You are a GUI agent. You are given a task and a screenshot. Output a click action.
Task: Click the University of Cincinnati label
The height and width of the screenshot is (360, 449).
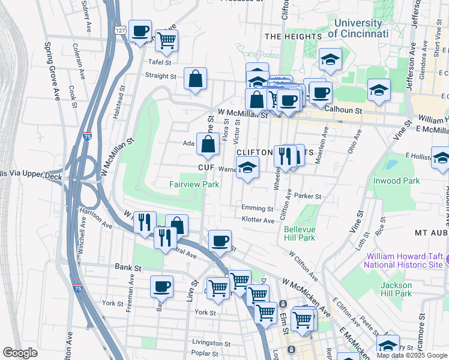[358, 28]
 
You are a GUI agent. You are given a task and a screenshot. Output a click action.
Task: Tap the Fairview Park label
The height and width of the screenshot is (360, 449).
[194, 185]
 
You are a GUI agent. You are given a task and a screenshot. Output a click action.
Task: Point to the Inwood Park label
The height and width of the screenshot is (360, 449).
[408, 179]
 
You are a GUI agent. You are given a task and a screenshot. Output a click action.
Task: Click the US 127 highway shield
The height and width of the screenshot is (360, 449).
[121, 29]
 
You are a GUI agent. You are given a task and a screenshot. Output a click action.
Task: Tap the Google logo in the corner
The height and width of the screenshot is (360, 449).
[20, 353]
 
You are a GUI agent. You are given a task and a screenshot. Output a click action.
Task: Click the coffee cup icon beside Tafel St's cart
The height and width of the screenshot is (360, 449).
[140, 31]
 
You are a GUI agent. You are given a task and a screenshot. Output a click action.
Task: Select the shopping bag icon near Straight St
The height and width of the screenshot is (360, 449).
[196, 79]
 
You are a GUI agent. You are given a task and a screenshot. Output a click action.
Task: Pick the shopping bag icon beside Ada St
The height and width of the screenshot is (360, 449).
[208, 144]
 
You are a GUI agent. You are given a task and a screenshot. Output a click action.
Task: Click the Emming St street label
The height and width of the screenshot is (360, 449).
[257, 208]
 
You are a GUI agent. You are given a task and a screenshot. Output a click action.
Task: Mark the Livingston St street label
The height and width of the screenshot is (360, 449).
[208, 342]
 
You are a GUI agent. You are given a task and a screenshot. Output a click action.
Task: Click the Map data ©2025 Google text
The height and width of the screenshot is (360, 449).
[412, 355]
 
